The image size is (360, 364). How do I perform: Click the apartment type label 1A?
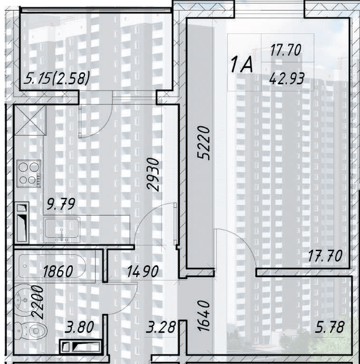[x=241, y=65]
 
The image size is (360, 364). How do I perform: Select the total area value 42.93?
[x=285, y=78]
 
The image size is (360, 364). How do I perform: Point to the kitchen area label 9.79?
[x=60, y=206]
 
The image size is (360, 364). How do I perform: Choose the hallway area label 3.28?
[x=162, y=327]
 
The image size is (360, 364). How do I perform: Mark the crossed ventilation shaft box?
[x=28, y=120]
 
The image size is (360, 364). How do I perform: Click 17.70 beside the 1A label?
[x=285, y=50]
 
